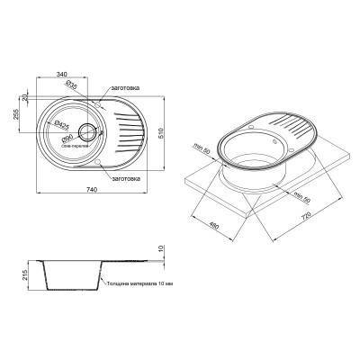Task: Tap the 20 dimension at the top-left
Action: pyautogui.click(x=26, y=93)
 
